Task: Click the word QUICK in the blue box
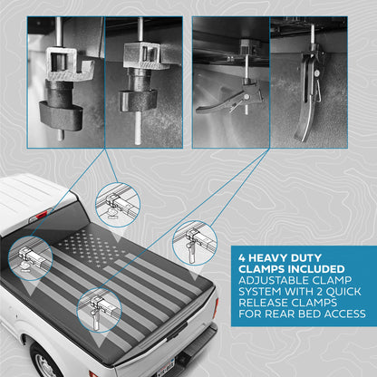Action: click(x=343, y=292)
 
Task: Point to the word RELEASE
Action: click(x=263, y=303)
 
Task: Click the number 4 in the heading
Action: click(x=242, y=258)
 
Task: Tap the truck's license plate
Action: click(x=166, y=366)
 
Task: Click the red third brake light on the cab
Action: click(x=42, y=215)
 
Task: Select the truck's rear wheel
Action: click(x=45, y=361)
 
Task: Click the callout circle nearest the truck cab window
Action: click(x=31, y=259)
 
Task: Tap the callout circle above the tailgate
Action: click(x=100, y=310)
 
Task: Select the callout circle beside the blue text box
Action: click(x=195, y=243)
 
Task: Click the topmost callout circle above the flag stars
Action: click(x=118, y=205)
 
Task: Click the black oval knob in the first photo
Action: click(x=62, y=116)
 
